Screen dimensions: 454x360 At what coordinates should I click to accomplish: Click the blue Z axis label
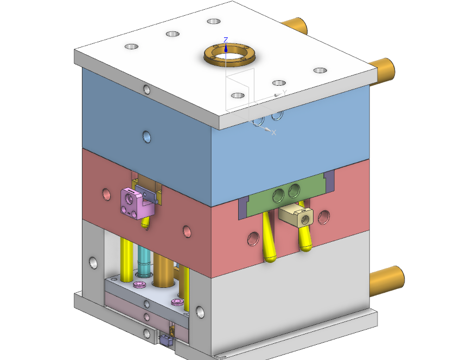click(x=226, y=40)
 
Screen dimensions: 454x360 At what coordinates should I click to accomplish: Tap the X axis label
click(x=273, y=132)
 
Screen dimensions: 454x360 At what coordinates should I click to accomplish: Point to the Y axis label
click(x=285, y=92)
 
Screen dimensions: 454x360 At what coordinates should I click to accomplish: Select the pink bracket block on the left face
click(x=137, y=204)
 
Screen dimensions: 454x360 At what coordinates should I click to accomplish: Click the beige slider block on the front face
click(x=296, y=215)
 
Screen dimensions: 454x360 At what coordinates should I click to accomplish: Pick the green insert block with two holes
click(x=286, y=194)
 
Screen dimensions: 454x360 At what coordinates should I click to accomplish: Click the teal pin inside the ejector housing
click(x=144, y=261)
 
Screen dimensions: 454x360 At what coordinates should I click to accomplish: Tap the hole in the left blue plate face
click(x=147, y=137)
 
